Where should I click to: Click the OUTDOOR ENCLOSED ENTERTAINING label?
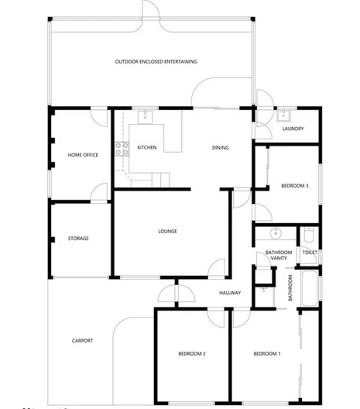[156, 61]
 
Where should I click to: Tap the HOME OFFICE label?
[83, 155]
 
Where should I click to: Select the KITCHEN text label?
[147, 147]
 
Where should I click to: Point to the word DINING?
[221, 147]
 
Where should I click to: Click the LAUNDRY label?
[293, 129]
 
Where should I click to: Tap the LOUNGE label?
[168, 231]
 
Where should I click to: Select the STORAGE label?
[78, 239]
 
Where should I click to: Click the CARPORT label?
[83, 340]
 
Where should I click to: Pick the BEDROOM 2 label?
[191, 354]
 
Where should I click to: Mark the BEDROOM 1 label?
[267, 354]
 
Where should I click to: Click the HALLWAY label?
[230, 293]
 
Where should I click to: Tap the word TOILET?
[310, 253]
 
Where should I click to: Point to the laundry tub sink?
[283, 117]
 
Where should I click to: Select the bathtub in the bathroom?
[309, 288]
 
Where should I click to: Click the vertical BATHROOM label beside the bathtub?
[290, 288]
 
